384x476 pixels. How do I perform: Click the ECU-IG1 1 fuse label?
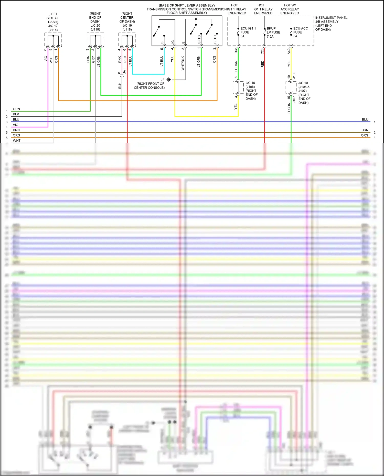[248, 32]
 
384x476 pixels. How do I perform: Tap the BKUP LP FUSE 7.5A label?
[273, 32]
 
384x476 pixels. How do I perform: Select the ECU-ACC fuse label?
[300, 32]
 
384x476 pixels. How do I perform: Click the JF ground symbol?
[169, 80]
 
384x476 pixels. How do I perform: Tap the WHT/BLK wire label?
[183, 63]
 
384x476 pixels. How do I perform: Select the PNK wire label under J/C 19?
[120, 60]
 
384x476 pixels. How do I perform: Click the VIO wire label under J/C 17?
[46, 59]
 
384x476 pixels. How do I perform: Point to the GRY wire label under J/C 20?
[93, 60]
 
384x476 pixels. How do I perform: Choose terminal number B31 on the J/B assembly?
[236, 50]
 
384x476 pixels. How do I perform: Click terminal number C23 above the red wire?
[262, 51]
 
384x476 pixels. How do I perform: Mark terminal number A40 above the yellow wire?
[289, 51]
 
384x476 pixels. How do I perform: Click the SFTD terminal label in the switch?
[199, 39]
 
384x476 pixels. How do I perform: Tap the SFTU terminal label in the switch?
[215, 39]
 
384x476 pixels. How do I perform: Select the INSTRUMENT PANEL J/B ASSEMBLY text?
[331, 24]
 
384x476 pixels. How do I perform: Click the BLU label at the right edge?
[365, 119]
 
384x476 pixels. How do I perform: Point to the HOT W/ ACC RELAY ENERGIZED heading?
[290, 9]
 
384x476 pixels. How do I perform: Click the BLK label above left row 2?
[16, 114]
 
